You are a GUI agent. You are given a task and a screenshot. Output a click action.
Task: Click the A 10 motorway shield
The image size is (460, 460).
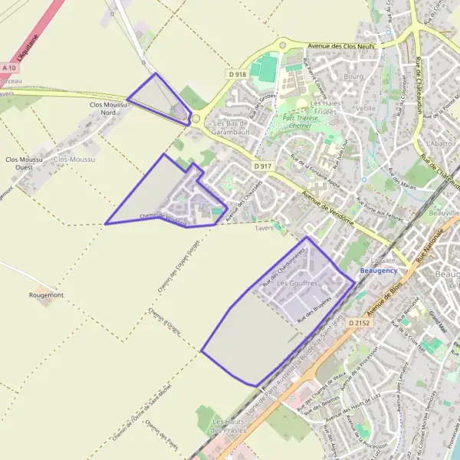[x=9, y=68]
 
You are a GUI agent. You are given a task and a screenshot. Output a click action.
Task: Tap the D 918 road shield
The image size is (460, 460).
[x=237, y=74]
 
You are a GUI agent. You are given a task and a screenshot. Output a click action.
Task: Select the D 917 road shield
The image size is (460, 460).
[x=262, y=166]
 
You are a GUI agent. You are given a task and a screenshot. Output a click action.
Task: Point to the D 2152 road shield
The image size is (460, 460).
[x=358, y=324]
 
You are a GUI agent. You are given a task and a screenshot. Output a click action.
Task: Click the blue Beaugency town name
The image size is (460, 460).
[x=379, y=271]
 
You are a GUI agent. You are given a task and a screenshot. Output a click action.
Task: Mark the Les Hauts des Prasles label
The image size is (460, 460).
[x=228, y=426]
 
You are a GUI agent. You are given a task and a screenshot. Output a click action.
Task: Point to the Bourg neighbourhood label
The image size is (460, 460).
[x=353, y=77]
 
